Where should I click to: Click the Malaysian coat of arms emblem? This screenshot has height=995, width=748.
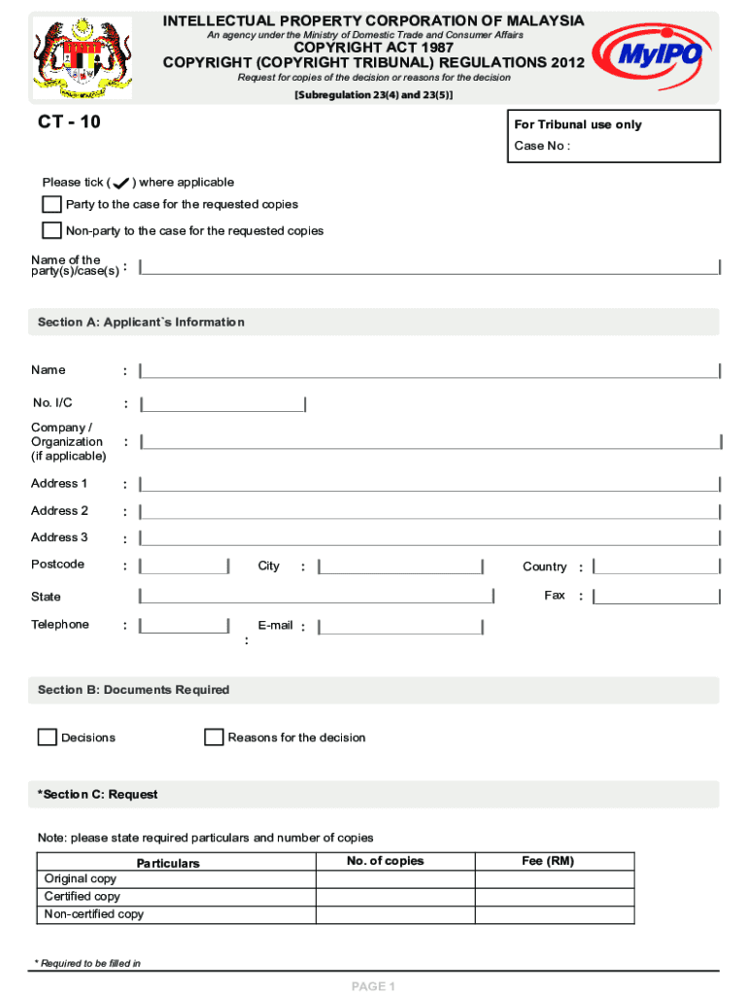[83, 58]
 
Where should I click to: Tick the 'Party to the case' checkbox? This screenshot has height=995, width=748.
[51, 204]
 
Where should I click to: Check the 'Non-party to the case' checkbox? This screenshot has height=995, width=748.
[51, 230]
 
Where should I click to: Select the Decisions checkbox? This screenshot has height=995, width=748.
[47, 738]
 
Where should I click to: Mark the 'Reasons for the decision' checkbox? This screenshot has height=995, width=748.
[214, 738]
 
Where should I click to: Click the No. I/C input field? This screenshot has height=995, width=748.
[222, 404]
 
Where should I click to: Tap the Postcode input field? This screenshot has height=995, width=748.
[184, 566]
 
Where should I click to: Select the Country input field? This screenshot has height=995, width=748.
[657, 566]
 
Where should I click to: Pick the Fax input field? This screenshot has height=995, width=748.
[657, 597]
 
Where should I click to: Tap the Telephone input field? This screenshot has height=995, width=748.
[184, 627]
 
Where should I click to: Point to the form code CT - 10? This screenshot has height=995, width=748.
[69, 122]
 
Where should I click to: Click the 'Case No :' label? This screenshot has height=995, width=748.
[542, 147]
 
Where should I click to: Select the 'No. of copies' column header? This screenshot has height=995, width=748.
[385, 862]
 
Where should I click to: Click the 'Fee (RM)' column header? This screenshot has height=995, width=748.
[548, 862]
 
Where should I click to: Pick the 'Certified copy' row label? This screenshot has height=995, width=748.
[83, 897]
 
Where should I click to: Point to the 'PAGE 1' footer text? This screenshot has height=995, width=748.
[373, 986]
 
